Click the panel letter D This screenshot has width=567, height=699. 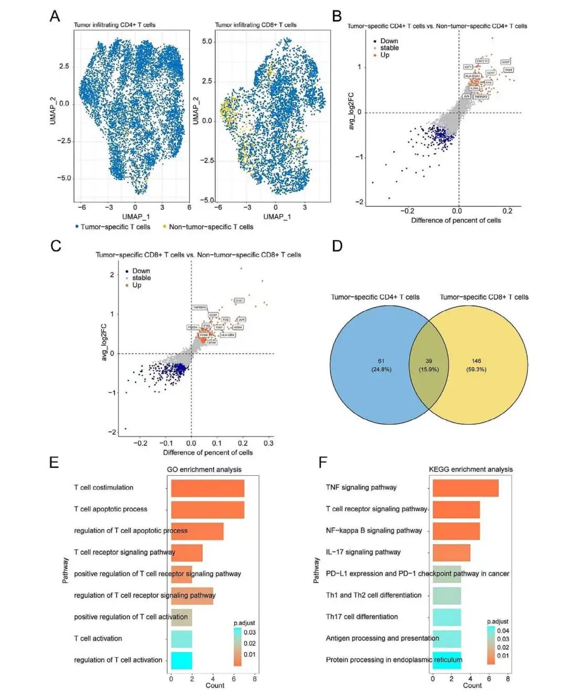click(337, 246)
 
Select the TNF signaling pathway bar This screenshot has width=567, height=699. click(465, 488)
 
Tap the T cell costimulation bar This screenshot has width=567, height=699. click(207, 488)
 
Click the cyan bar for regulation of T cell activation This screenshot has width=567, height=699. click(182, 660)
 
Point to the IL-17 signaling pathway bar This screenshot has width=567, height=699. click(451, 552)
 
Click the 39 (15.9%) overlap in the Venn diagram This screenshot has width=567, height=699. click(429, 365)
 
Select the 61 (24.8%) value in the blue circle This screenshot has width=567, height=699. click(381, 365)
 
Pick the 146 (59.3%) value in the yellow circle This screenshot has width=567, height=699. click(476, 365)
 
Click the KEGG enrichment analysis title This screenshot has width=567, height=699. click(470, 470)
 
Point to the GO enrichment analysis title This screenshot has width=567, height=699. click(204, 470)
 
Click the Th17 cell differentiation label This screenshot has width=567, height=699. click(362, 617)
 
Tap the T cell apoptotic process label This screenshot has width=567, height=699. click(110, 509)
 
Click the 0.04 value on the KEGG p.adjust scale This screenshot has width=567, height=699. click(502, 631)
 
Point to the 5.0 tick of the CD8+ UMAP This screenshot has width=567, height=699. click(207, 41)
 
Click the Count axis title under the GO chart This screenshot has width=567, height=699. click(215, 685)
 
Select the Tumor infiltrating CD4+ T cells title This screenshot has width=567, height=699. click(114, 25)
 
